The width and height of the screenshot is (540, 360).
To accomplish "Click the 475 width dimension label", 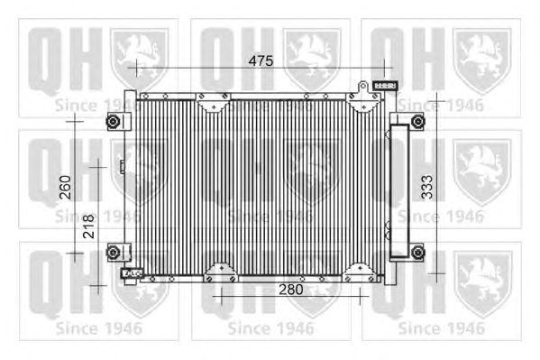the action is click(x=261, y=60).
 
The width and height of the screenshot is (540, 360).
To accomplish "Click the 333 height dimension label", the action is click(x=427, y=188).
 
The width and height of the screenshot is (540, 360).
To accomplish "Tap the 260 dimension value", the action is click(x=66, y=188).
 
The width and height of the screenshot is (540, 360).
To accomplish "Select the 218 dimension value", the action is click(x=88, y=226).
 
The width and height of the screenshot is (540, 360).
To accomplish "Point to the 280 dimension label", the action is click(x=291, y=290).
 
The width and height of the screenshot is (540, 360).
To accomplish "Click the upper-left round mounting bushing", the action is click(x=113, y=122).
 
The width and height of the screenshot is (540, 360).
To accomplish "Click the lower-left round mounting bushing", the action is click(x=113, y=253).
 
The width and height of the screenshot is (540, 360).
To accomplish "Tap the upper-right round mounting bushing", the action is click(x=417, y=122).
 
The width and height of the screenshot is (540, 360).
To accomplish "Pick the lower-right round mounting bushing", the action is click(x=417, y=253).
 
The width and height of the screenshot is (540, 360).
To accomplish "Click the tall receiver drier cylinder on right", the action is click(x=399, y=191).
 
